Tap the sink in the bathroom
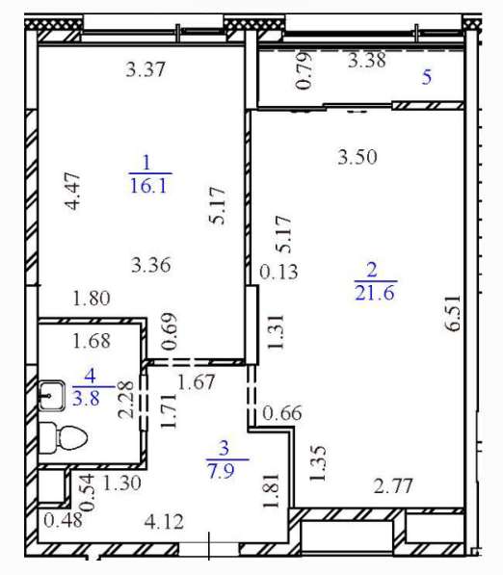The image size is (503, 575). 52,395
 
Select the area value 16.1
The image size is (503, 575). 148,186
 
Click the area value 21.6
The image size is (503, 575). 375,293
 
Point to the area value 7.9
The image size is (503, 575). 222,471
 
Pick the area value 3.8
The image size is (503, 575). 86,398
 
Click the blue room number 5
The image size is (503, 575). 426,77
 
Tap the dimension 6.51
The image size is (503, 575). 454,312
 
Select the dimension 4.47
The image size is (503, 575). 72,191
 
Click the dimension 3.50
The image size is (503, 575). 357,157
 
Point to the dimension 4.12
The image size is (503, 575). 164,522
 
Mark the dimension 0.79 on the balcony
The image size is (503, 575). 304,71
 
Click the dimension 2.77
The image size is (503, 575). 393,486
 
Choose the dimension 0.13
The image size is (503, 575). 278,273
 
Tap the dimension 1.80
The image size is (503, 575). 92,299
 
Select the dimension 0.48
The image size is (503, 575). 63,520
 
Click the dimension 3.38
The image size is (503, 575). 366,60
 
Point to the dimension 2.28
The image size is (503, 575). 126,400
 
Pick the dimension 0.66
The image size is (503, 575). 282,413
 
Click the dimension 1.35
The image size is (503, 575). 317,462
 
